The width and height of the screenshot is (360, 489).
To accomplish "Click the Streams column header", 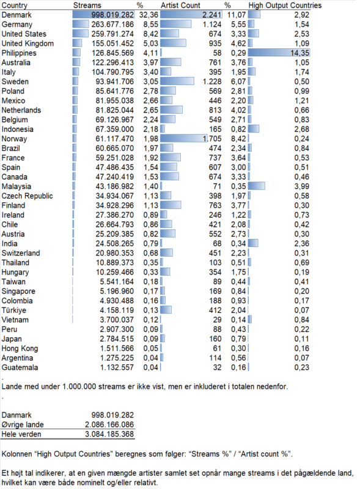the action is coord(87,6).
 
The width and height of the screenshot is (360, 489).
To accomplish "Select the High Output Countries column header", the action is coord(285,6).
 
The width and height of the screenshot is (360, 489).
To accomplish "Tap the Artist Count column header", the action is coord(181,6).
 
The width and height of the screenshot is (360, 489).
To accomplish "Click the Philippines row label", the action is coord(19,53).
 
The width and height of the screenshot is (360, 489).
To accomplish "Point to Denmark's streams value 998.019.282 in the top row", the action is coord(112,15).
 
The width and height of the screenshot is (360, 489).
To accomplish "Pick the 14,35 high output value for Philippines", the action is coord(299,53).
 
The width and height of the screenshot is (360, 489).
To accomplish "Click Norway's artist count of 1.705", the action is coord(212,139).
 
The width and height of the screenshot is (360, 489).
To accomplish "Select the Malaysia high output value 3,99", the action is coord(302,186).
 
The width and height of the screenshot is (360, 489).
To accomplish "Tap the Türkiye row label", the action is coord(14,311).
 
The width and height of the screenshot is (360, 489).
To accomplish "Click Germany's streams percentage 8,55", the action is coord(151,24).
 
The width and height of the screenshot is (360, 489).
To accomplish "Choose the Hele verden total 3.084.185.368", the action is coord(109,434).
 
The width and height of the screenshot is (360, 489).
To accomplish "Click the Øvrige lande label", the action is coord(23,425).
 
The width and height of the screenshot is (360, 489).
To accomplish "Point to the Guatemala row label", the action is coord(20,367).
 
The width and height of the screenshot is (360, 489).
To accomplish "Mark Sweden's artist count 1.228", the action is coord(212,81).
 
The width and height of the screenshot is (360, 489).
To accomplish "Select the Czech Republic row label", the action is coord(27,196).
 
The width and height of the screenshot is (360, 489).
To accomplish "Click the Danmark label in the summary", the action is coord(17,415).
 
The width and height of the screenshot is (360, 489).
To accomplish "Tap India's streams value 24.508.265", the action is coord(115,243).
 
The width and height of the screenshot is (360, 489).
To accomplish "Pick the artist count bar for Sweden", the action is coord(177,81).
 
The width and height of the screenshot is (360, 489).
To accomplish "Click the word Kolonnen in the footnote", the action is coord(18,454).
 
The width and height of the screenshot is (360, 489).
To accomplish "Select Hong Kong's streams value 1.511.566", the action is coord(117,348).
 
